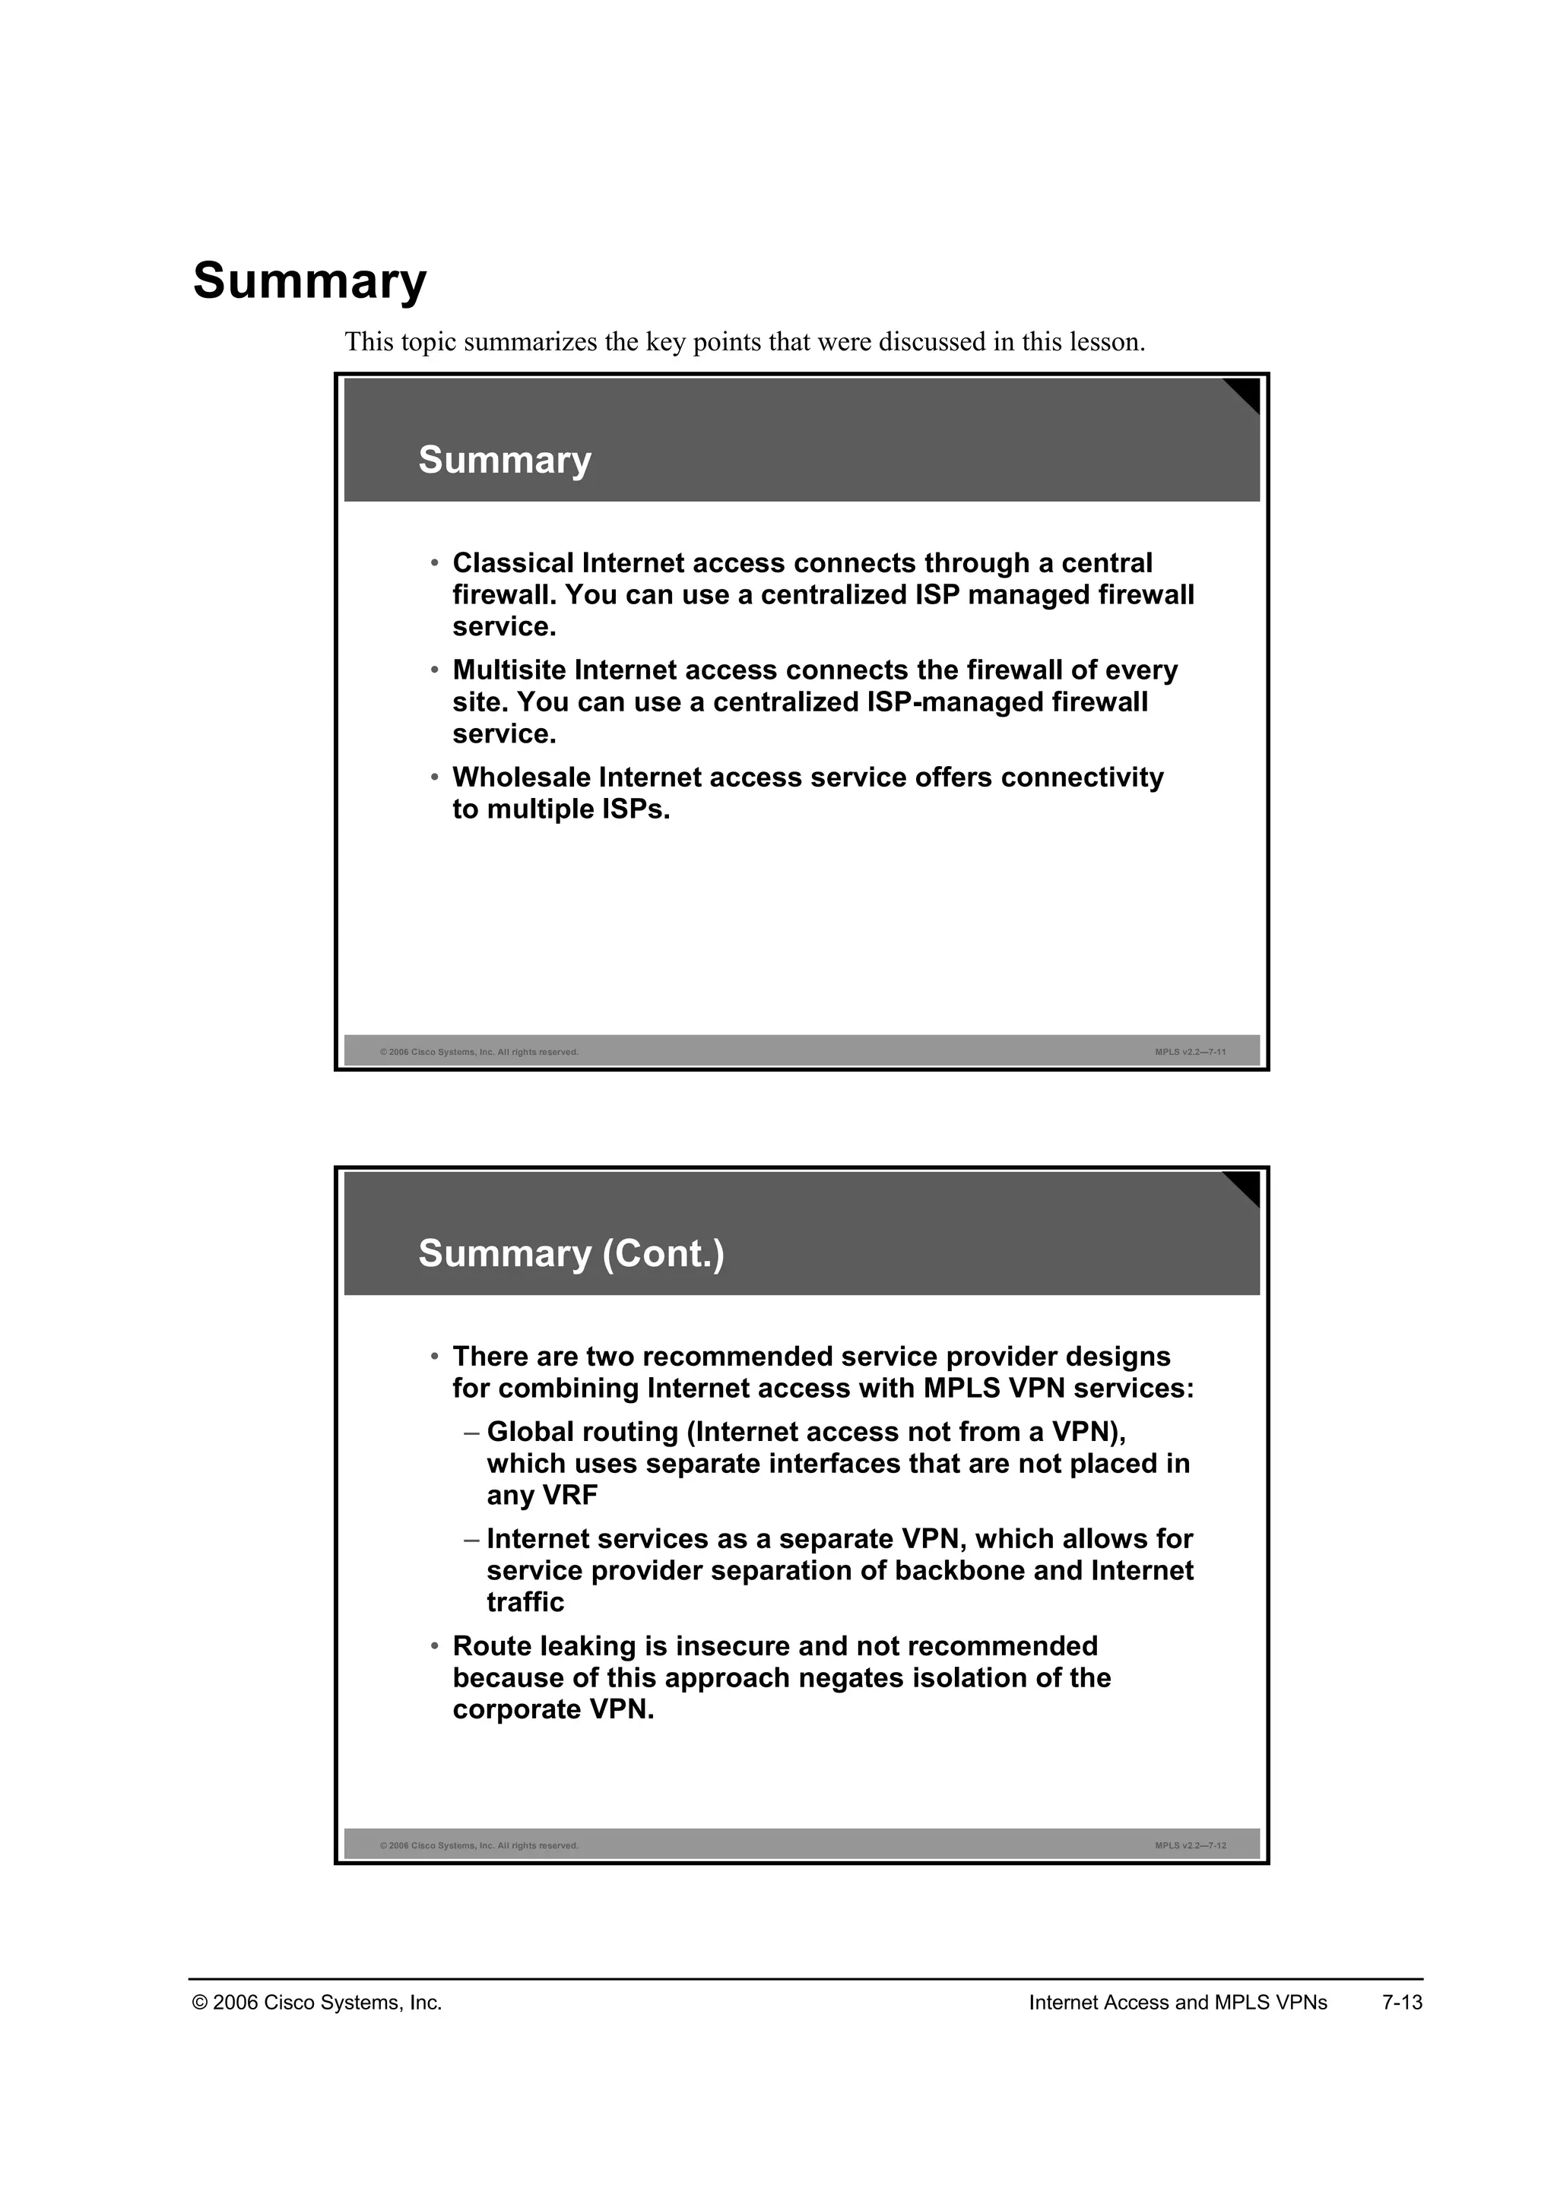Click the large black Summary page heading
point(309,282)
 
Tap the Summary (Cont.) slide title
point(572,1254)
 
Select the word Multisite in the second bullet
point(509,670)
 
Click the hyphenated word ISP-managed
point(954,703)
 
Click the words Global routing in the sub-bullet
point(582,1432)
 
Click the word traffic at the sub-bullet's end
point(525,1603)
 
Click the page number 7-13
point(1402,2003)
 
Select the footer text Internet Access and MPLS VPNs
point(1178,2003)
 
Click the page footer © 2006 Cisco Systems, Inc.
point(317,2003)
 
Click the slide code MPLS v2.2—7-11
point(1190,1053)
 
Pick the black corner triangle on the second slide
point(1245,1186)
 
